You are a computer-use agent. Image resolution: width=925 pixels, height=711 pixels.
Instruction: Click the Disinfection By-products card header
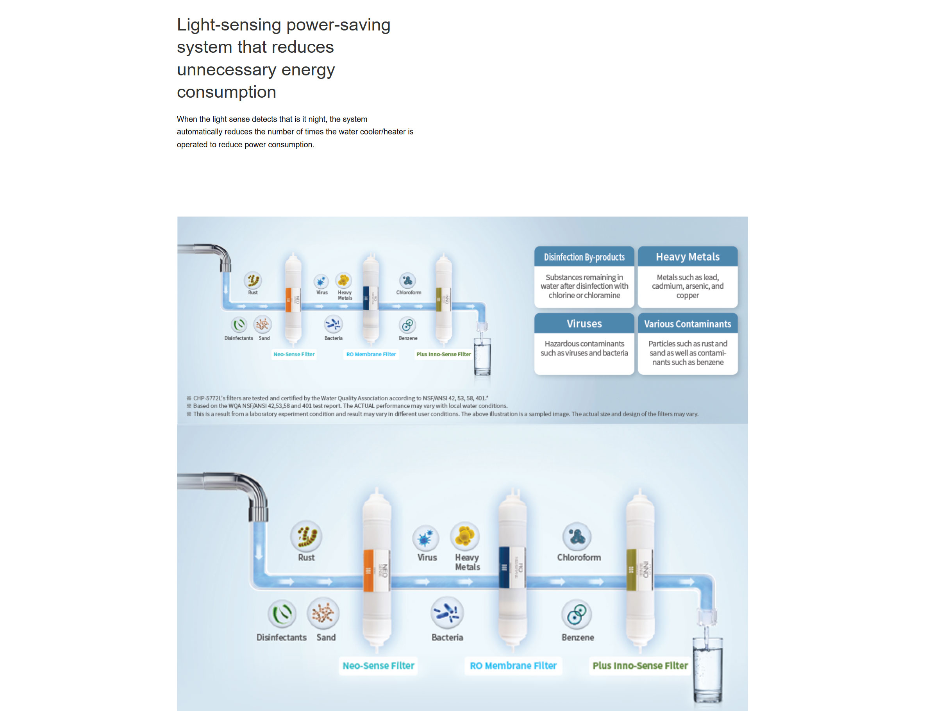(x=584, y=257)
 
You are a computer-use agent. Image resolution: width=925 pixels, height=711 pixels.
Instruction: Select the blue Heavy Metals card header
(x=687, y=257)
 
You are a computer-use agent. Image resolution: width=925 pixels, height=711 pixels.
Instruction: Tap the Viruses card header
(x=584, y=324)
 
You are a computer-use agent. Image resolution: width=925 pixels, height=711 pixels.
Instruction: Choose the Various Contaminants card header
(x=687, y=324)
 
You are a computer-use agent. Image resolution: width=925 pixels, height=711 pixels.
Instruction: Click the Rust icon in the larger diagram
(x=306, y=536)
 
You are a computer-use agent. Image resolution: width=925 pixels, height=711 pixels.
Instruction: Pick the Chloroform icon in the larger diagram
(x=576, y=537)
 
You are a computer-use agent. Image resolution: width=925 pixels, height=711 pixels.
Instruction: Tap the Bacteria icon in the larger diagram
(x=447, y=613)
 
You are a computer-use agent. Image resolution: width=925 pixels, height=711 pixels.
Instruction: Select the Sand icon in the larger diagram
(x=323, y=613)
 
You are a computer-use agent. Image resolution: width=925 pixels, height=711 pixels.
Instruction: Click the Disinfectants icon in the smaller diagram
(x=239, y=325)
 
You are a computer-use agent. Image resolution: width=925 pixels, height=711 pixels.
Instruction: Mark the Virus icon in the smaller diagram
(x=321, y=280)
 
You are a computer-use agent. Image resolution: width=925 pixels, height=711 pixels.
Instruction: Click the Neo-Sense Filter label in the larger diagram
(x=378, y=666)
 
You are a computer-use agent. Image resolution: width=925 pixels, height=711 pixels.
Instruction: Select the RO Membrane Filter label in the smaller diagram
(x=371, y=354)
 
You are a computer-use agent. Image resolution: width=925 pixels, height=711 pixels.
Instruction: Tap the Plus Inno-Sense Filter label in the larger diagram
(x=640, y=666)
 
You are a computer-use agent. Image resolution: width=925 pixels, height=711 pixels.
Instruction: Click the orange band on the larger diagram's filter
(x=368, y=570)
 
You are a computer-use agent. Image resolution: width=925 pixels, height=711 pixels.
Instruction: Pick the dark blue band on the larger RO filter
(x=504, y=568)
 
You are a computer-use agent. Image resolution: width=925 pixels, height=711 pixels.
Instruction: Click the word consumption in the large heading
(x=227, y=92)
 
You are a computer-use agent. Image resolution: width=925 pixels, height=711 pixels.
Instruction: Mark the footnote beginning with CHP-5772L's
(x=340, y=398)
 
